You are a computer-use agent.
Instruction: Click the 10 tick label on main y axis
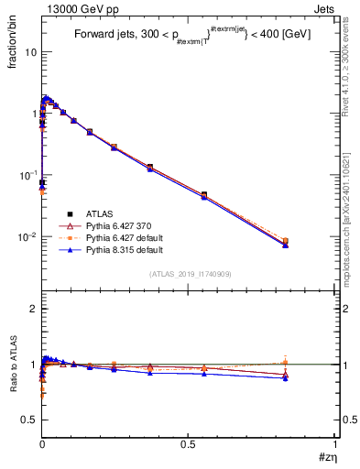30,52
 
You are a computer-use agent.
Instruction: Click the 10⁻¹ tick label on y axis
28,175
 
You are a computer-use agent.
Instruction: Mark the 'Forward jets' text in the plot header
105,35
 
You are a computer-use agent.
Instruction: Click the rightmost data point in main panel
285,242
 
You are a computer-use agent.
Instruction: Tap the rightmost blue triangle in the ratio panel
285,377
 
